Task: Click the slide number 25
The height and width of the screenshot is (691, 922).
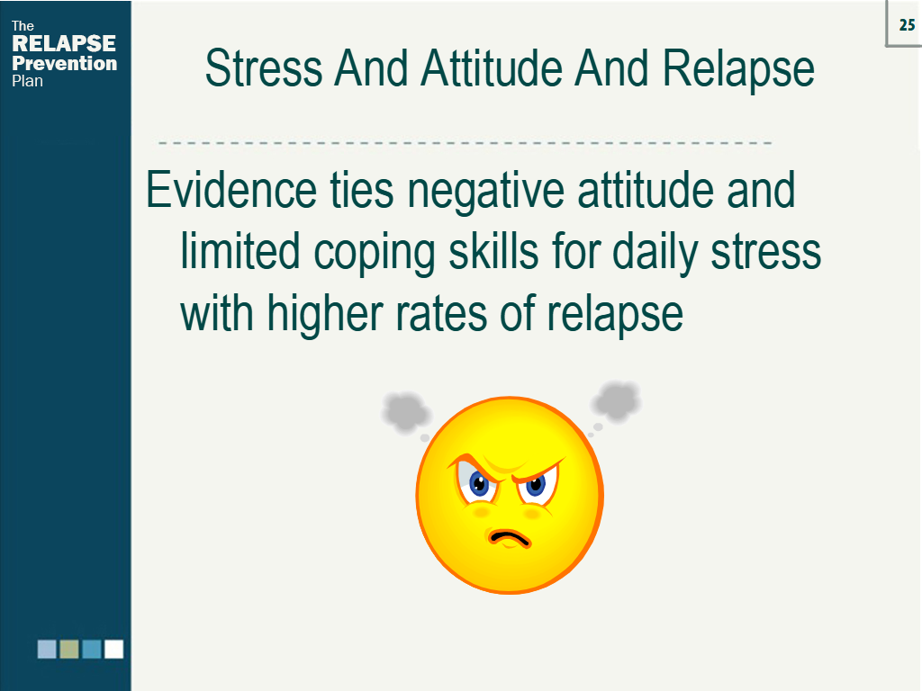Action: click(x=907, y=25)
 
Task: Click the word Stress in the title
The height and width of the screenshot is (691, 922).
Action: click(x=263, y=69)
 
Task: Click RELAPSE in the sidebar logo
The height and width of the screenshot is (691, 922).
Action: click(x=64, y=44)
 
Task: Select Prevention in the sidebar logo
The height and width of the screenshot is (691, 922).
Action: click(x=64, y=63)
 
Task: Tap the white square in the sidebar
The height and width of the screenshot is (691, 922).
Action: click(x=113, y=649)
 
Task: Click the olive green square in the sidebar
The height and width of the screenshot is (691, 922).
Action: click(x=69, y=649)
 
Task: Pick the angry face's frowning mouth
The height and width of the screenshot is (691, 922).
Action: click(x=509, y=538)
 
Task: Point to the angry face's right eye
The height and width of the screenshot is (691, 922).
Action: click(x=537, y=485)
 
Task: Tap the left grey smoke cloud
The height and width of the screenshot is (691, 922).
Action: click(x=407, y=412)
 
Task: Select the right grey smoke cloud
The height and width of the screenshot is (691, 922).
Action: click(x=617, y=399)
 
